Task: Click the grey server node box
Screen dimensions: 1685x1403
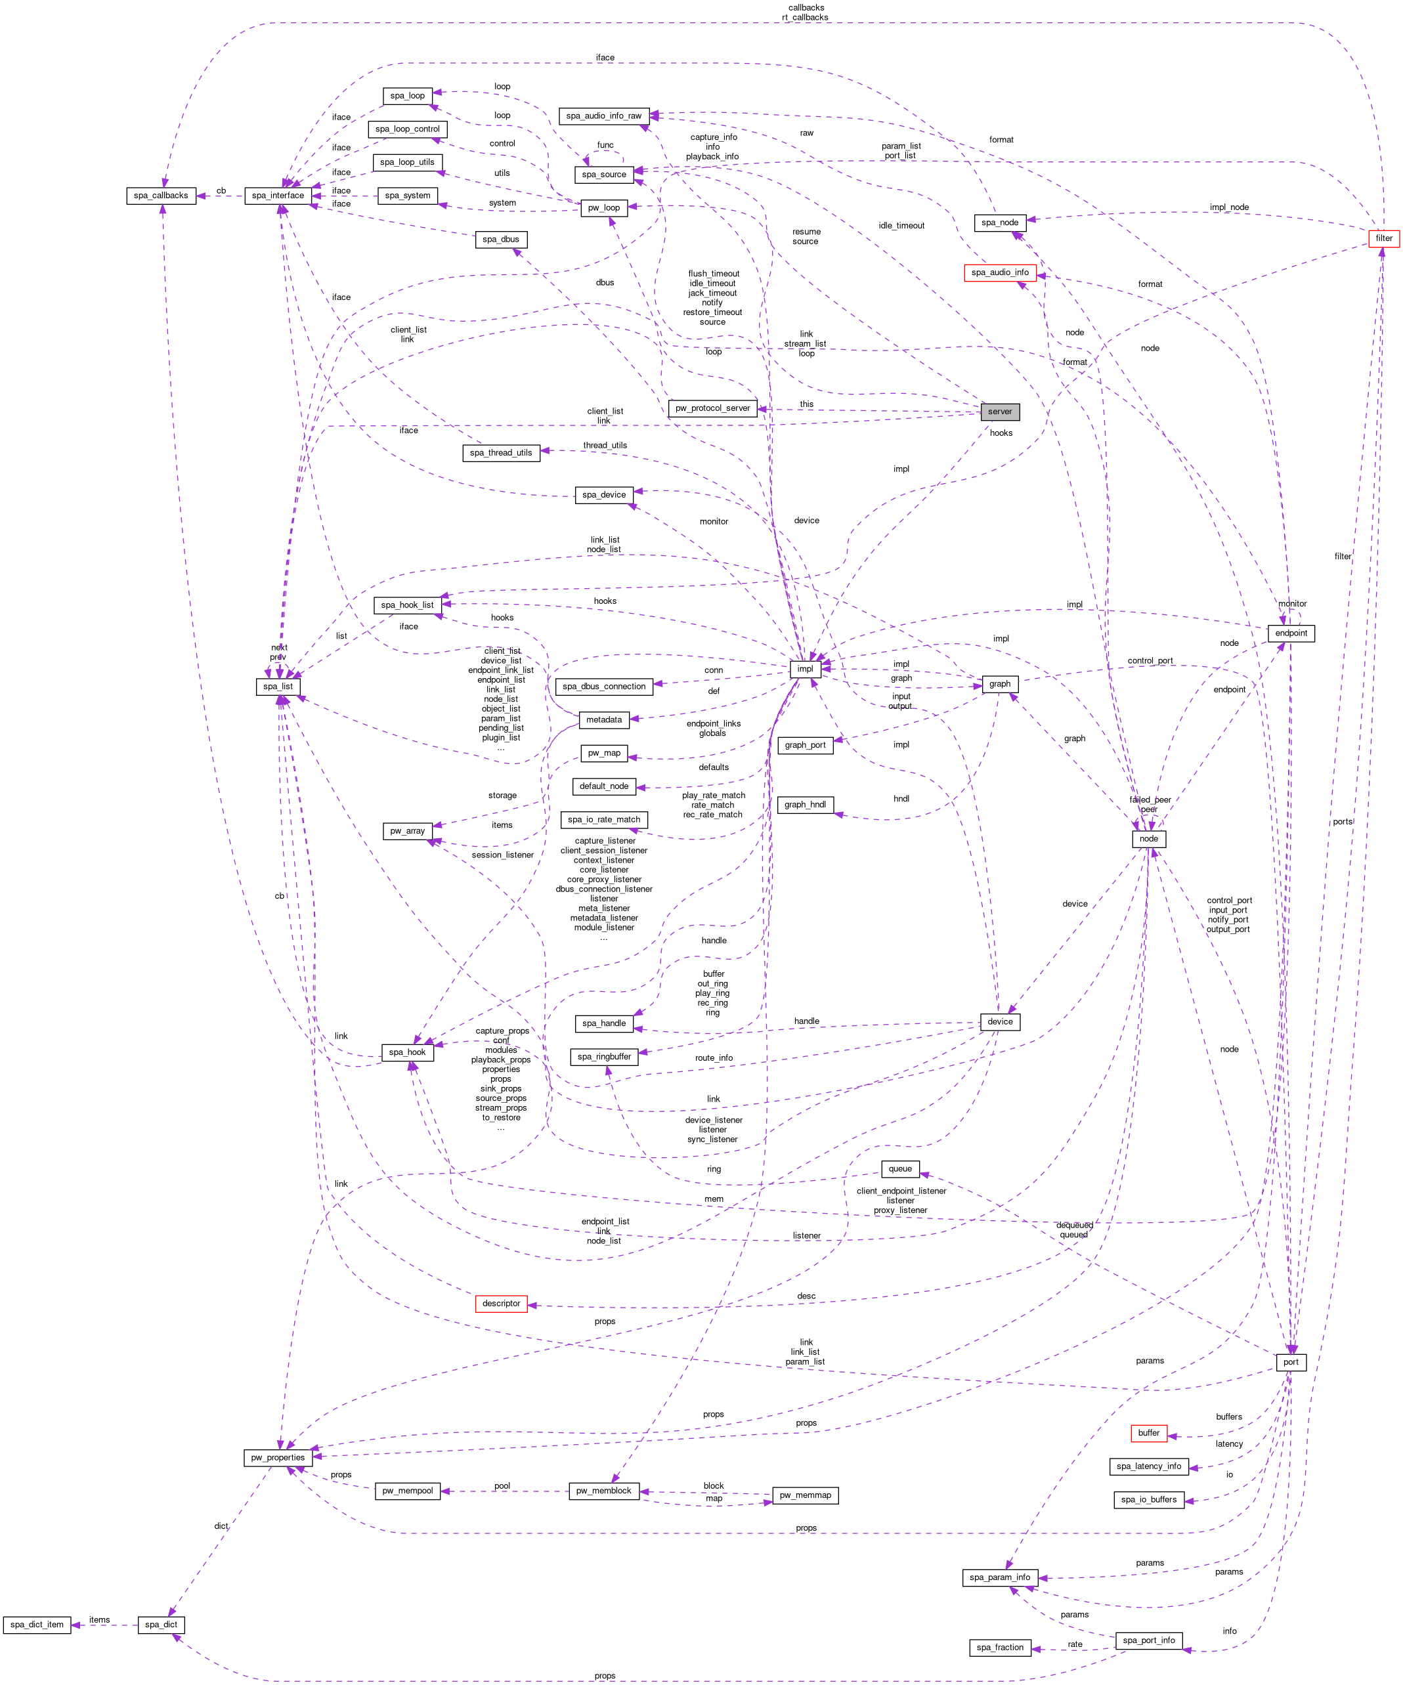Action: pyautogui.click(x=999, y=412)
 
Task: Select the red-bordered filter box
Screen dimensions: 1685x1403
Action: pyautogui.click(x=1384, y=238)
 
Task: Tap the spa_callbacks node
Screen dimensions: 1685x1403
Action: pyautogui.click(x=161, y=196)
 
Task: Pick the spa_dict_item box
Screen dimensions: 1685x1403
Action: pyautogui.click(x=37, y=1625)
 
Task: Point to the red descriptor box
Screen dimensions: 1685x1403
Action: pyautogui.click(x=501, y=1304)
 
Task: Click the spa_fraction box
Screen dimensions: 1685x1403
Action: pyautogui.click(x=999, y=1648)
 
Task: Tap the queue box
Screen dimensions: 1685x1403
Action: pyautogui.click(x=899, y=1169)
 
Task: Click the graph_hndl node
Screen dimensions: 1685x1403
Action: pyautogui.click(x=805, y=805)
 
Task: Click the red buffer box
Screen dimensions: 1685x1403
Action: pyautogui.click(x=1148, y=1433)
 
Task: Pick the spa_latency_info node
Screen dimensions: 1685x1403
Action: pyautogui.click(x=1148, y=1467)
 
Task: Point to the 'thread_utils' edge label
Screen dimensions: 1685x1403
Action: pyautogui.click(x=605, y=445)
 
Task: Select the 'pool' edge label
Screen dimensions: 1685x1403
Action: pyautogui.click(x=502, y=1486)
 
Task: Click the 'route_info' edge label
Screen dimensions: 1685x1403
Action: pyautogui.click(x=714, y=1058)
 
